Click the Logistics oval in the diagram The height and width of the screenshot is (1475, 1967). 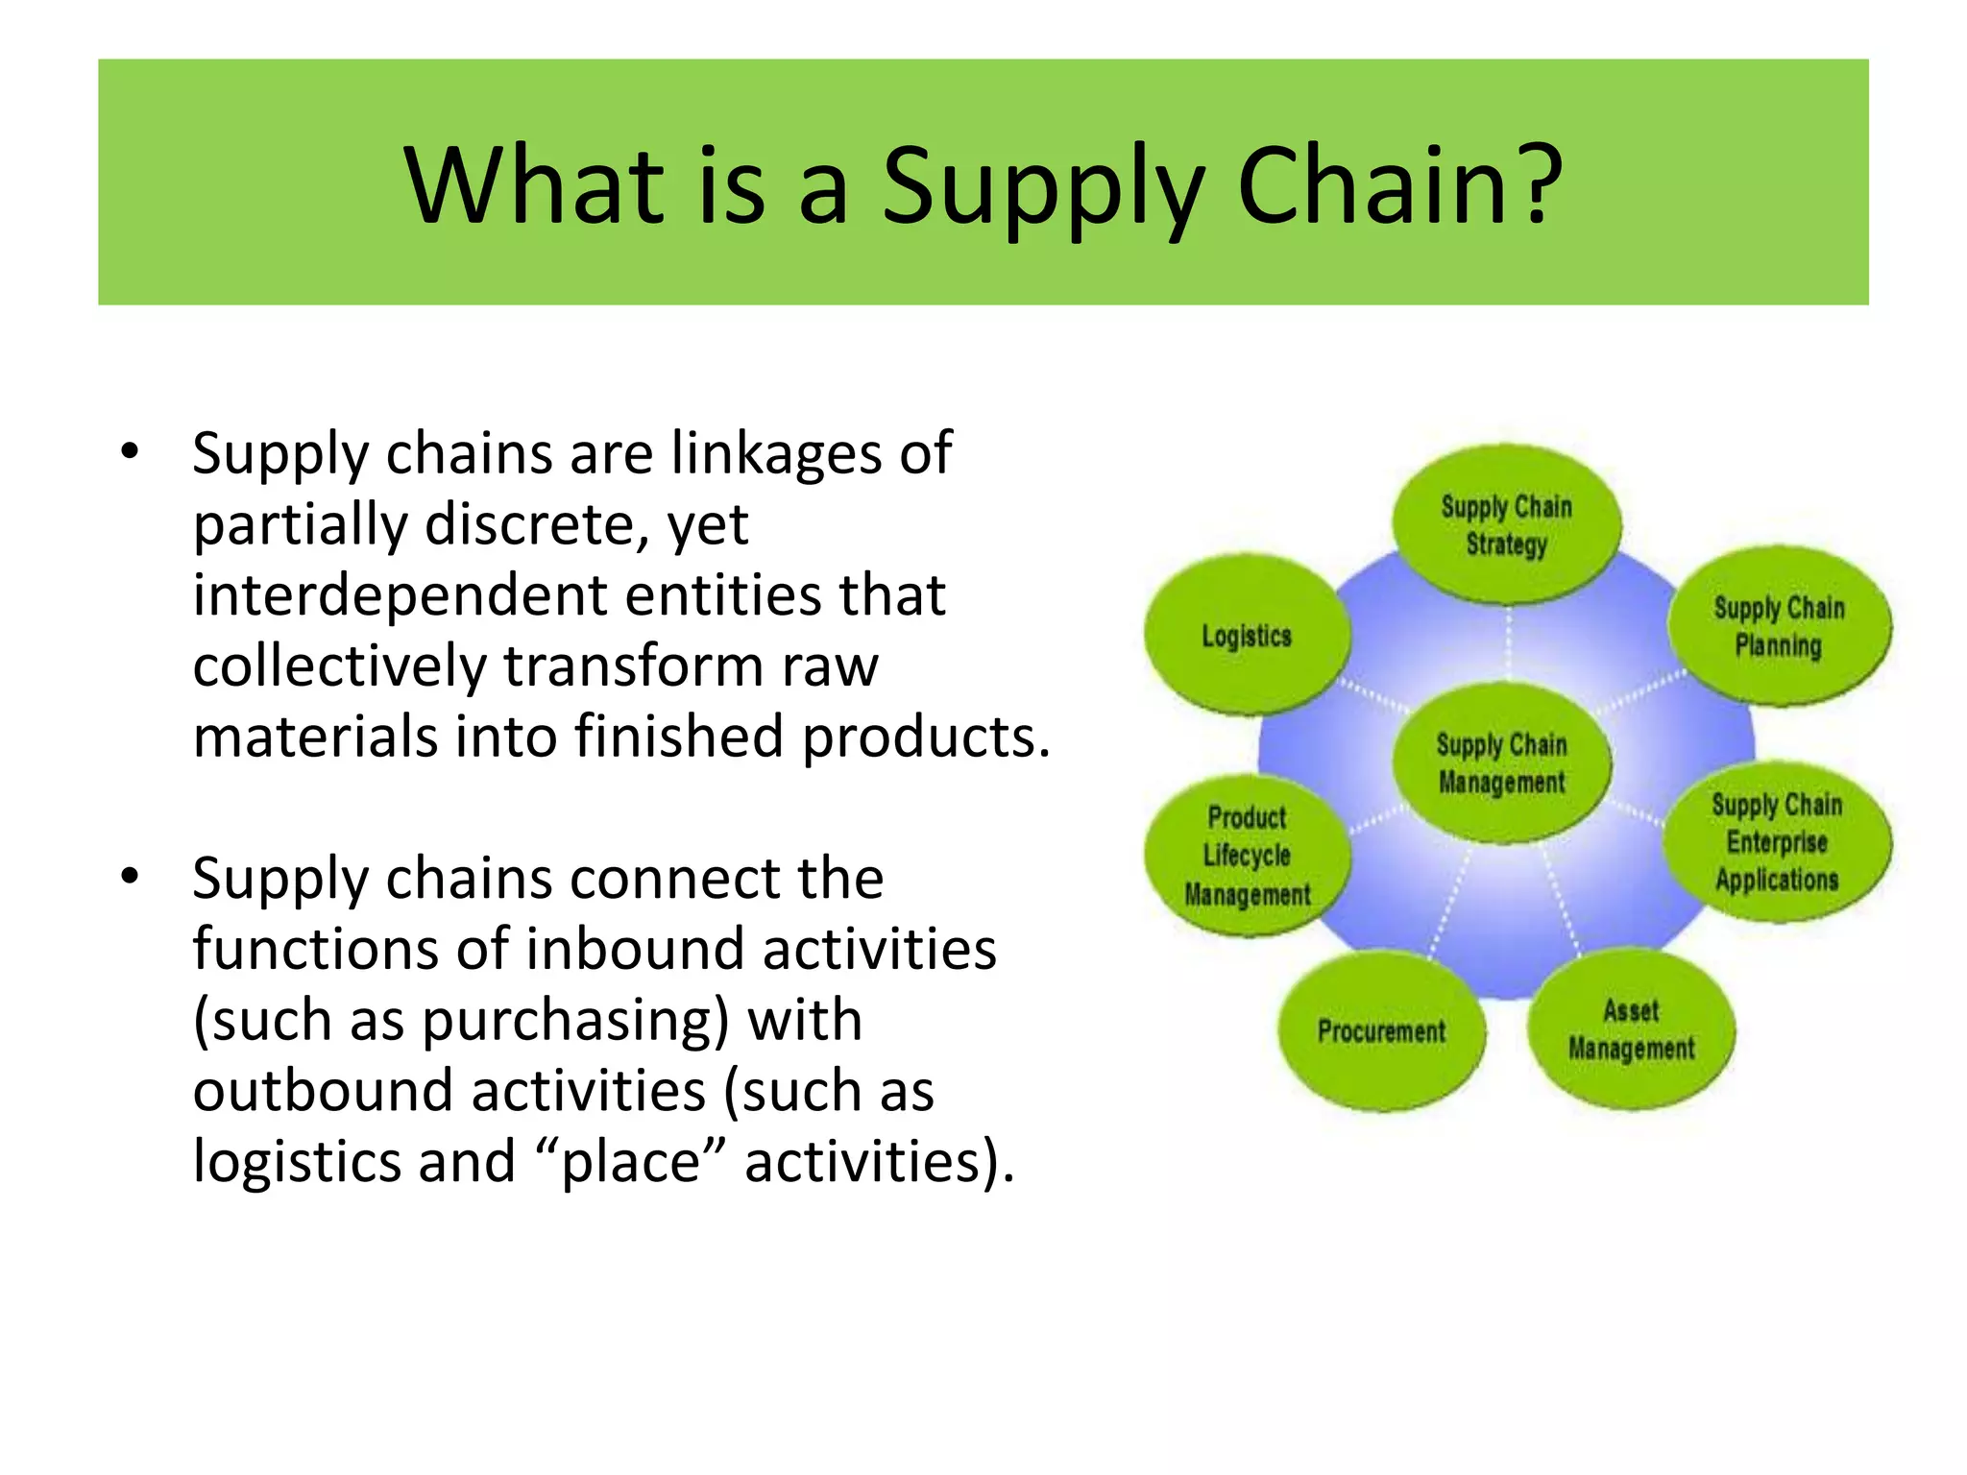[x=1247, y=636]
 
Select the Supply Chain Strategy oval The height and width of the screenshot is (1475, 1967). [x=1506, y=524]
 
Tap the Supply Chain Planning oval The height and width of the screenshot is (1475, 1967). [x=1779, y=626]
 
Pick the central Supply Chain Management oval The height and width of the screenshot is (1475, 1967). [x=1502, y=763]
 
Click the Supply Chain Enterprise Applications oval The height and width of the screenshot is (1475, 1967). [x=1777, y=842]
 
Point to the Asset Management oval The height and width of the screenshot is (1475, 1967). [x=1631, y=1029]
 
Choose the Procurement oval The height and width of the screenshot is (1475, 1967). [x=1381, y=1031]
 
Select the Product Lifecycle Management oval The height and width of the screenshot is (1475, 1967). [x=1247, y=855]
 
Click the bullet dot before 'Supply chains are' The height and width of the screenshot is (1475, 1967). [x=130, y=451]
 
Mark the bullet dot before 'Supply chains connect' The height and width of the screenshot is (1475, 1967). [x=130, y=876]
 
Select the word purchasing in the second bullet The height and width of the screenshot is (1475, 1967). [x=575, y=1020]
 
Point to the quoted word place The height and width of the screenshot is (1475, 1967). [x=631, y=1162]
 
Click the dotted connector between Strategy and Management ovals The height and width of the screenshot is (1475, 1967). [x=1507, y=643]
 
